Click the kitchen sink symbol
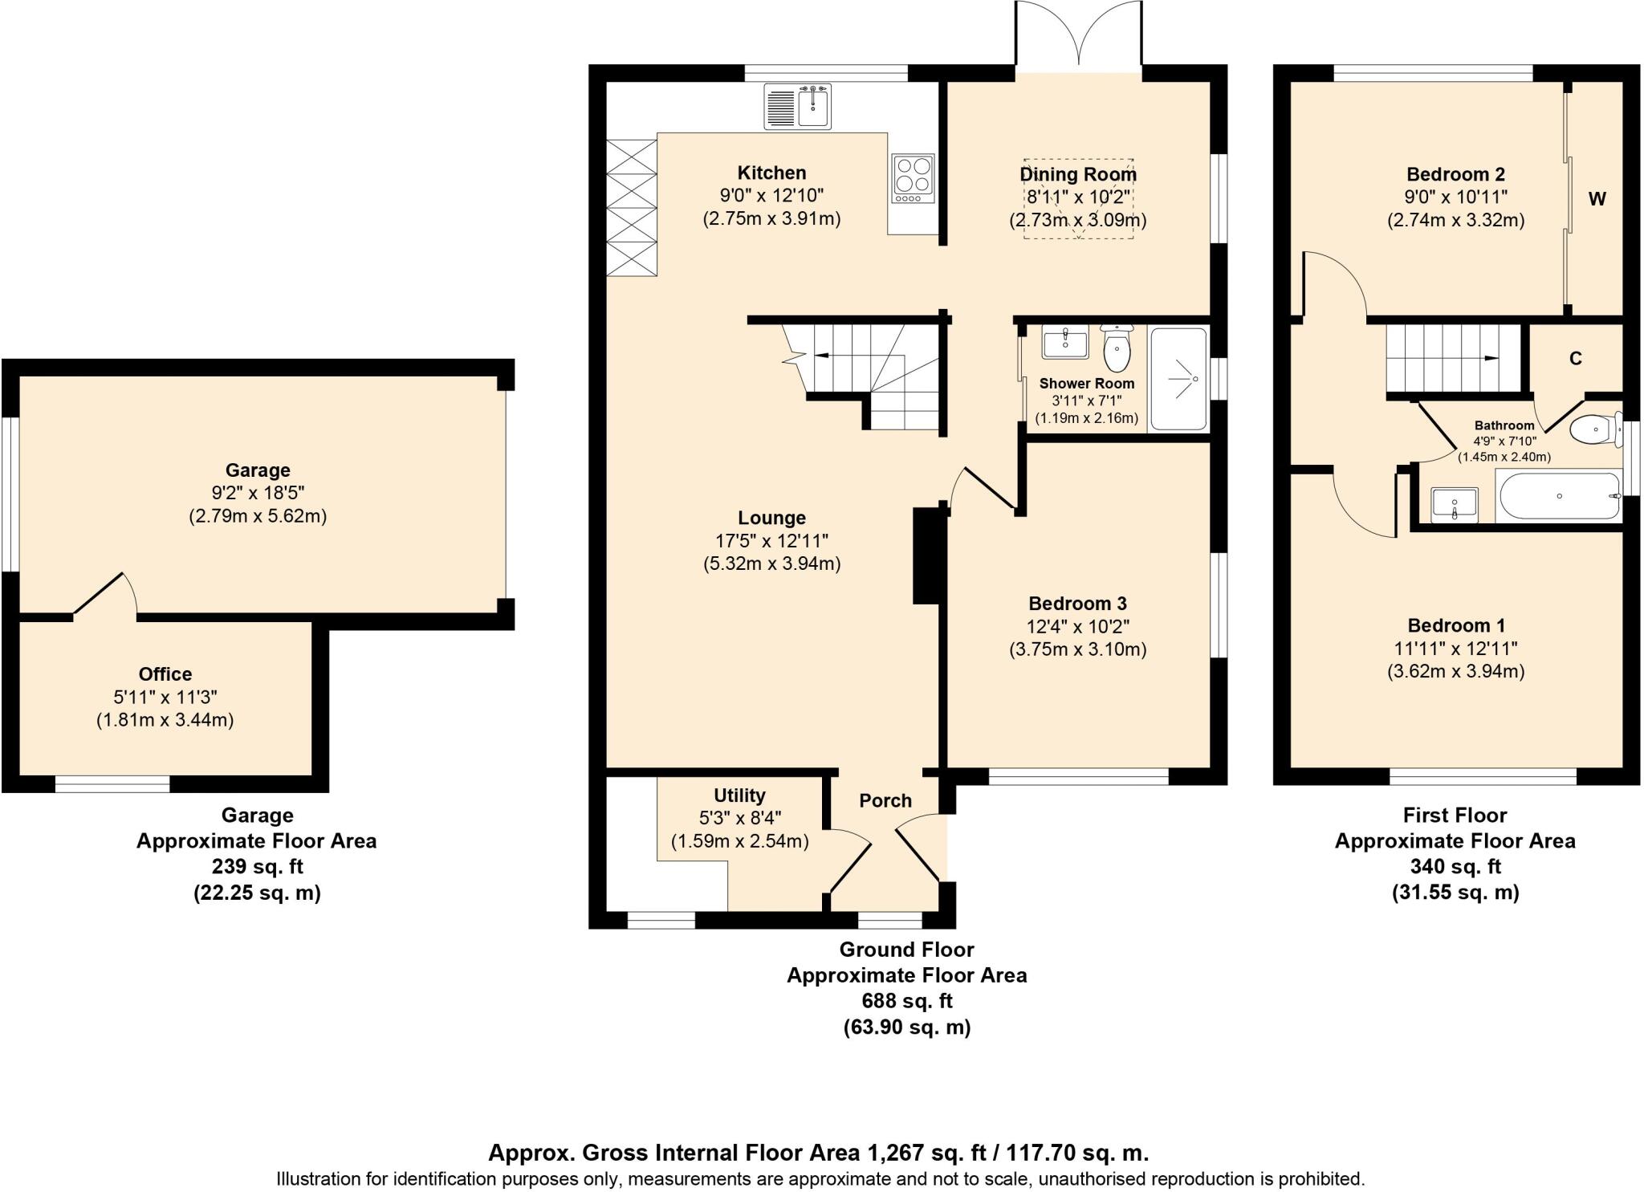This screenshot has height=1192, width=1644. pos(798,107)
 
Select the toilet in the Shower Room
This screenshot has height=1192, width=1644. pos(1117,348)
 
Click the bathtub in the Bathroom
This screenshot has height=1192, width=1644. pos(1560,497)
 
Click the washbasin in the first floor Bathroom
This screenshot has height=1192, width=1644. pos(1455,505)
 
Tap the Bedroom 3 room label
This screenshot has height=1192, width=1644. pos(1077,604)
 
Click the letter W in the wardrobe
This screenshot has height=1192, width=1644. pos(1597,199)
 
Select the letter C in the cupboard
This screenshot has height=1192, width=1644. pos(1576,359)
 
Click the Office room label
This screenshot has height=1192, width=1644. pos(165,674)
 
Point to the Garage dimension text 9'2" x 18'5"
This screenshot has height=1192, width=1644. pos(258,493)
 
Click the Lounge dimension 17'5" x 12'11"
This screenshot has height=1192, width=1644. pos(771,541)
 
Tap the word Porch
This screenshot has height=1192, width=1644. pos(885,800)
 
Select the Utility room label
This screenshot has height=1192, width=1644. pos(739,795)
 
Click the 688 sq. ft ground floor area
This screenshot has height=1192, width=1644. pos(906,1001)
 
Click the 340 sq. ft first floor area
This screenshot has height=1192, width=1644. pos(1455,866)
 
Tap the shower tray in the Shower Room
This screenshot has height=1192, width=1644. pos(1178,378)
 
